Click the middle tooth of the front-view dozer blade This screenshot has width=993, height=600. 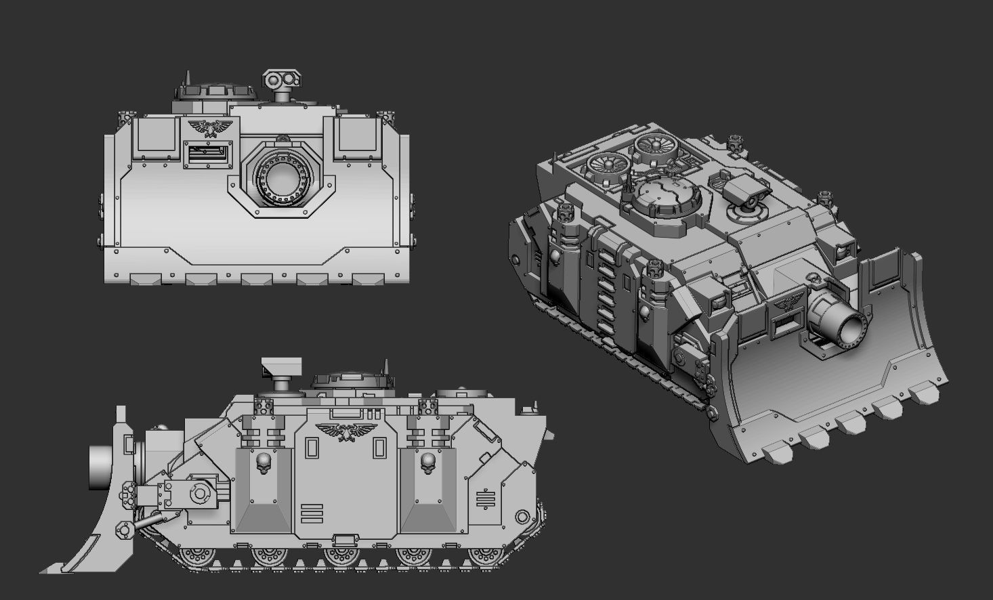pyautogui.click(x=257, y=278)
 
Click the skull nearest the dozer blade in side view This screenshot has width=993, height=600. pyautogui.click(x=263, y=463)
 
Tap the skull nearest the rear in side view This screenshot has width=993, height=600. pyautogui.click(x=427, y=463)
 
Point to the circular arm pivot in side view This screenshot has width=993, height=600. pyautogui.click(x=200, y=493)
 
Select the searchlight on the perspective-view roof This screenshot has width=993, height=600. pyautogui.click(x=744, y=193)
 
